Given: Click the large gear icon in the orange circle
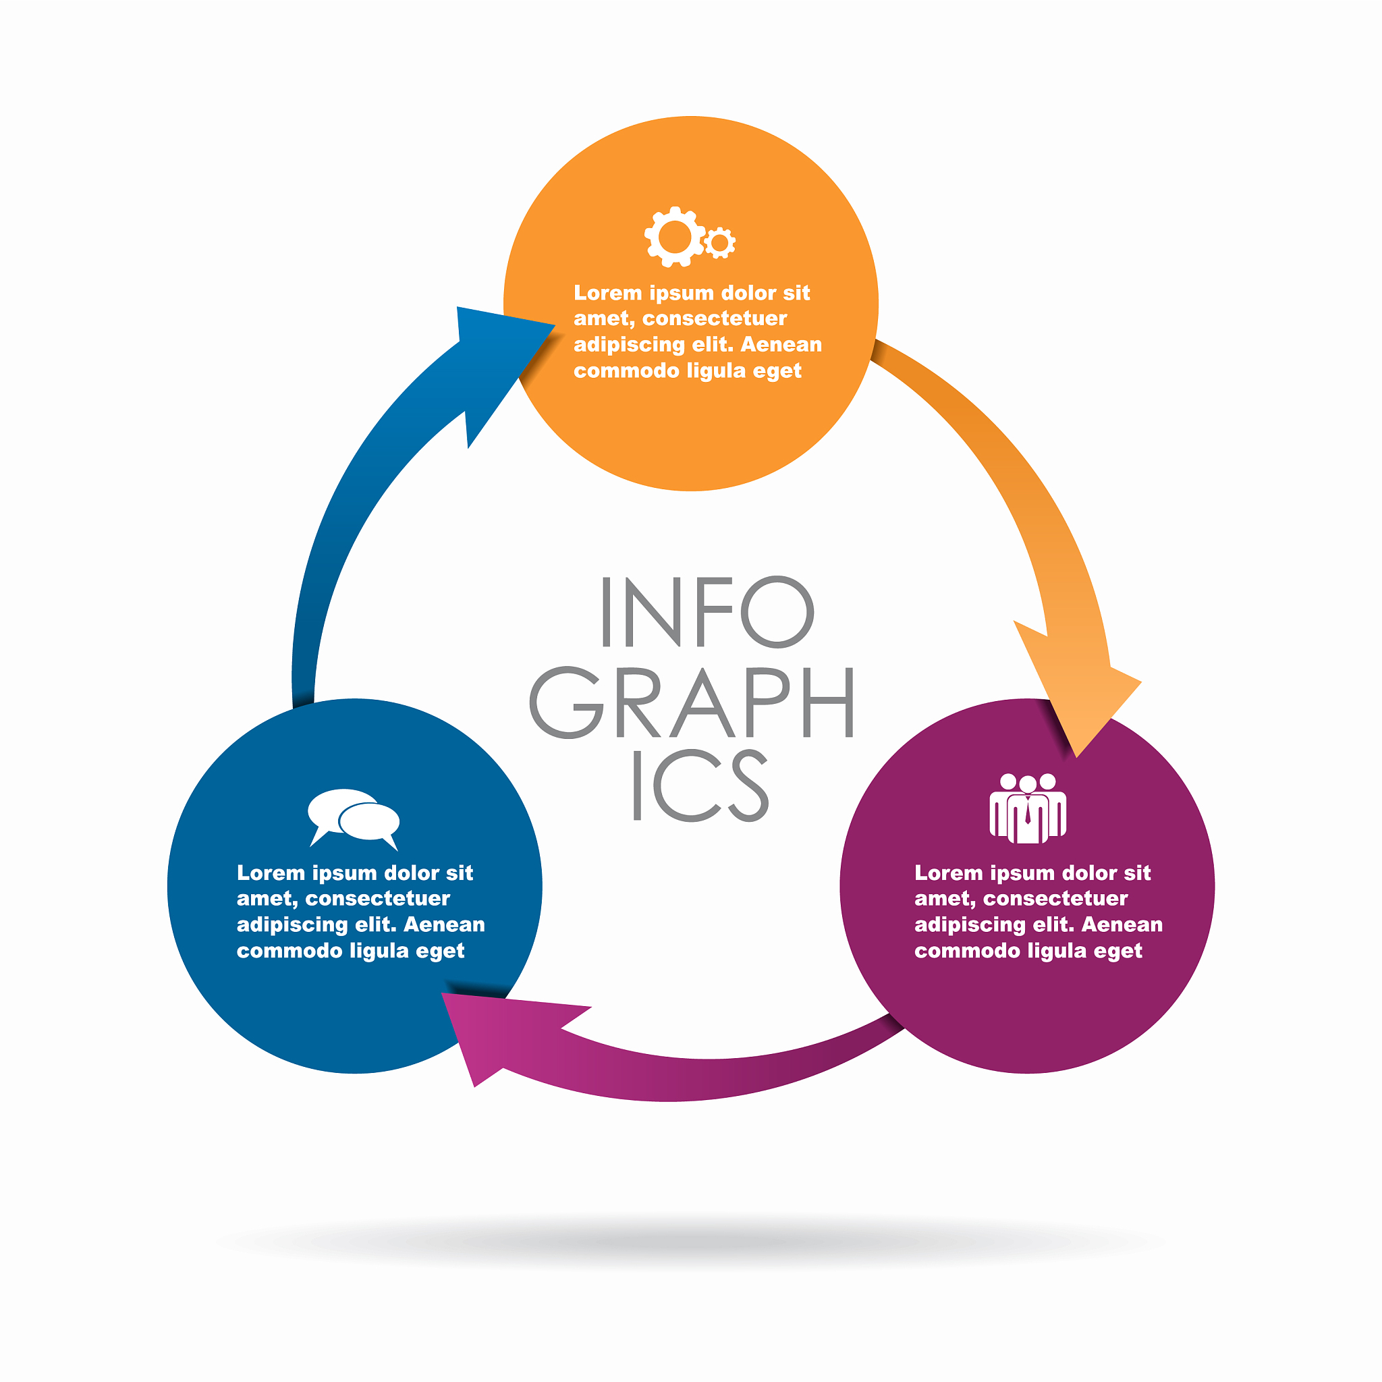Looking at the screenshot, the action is point(675,237).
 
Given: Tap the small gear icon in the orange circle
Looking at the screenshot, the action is point(719,243).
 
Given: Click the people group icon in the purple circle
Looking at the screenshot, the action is point(1028,808).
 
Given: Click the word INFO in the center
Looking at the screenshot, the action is point(707,611).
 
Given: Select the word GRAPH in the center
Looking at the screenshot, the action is point(692,702).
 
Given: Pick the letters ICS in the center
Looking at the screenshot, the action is point(702,785).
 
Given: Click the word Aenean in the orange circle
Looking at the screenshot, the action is point(781,345).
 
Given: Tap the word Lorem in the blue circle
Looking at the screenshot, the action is point(271,873).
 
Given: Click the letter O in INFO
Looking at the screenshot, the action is point(777,611).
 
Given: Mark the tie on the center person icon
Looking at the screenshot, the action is point(1027,811).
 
